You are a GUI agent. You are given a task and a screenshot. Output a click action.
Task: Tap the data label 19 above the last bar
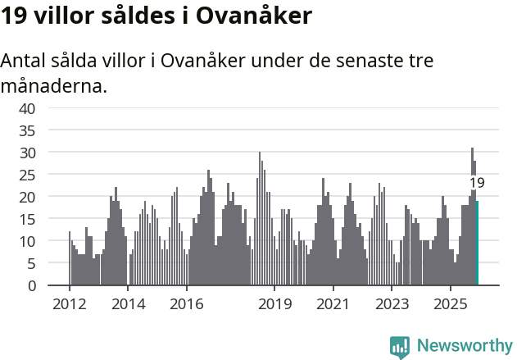tap(477, 183)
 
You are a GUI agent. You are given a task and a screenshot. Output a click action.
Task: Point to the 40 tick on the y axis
tap(28, 108)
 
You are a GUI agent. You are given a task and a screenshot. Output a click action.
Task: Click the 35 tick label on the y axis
tap(28, 130)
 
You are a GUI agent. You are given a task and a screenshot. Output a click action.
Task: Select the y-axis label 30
tap(28, 153)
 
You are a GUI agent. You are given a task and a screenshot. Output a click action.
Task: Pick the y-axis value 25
tap(28, 175)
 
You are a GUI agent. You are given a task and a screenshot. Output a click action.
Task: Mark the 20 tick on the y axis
tap(28, 197)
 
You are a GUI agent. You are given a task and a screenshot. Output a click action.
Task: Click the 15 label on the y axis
tap(28, 219)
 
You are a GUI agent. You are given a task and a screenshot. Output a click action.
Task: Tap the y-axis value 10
tap(28, 241)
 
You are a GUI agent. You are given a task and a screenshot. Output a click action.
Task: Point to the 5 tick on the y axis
tap(31, 263)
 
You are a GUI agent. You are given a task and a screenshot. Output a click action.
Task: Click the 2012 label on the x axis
tap(69, 304)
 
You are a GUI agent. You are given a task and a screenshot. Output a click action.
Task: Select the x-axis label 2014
tap(128, 304)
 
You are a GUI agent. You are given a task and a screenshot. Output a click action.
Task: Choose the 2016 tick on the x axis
tap(186, 304)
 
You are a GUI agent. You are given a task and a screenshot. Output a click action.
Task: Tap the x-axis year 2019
tap(274, 304)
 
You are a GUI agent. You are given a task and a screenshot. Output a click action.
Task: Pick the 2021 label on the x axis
tap(333, 304)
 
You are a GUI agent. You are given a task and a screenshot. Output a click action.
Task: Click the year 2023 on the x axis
tap(392, 304)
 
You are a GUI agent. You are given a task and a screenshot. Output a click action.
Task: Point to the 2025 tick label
tap(450, 304)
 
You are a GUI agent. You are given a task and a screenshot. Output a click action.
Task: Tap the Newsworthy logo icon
tap(400, 347)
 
